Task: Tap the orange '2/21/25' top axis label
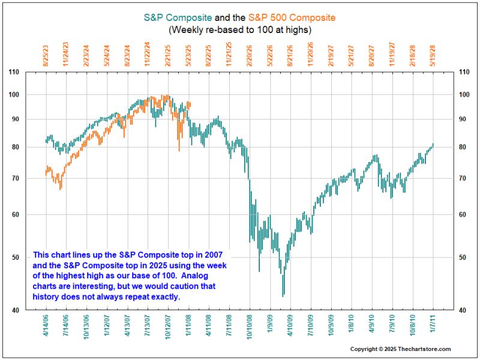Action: click(x=169, y=55)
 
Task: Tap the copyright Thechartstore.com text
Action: click(x=400, y=349)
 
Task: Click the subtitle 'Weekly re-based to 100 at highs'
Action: click(x=239, y=29)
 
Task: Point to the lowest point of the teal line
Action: click(x=283, y=295)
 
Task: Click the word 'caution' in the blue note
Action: click(x=194, y=287)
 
